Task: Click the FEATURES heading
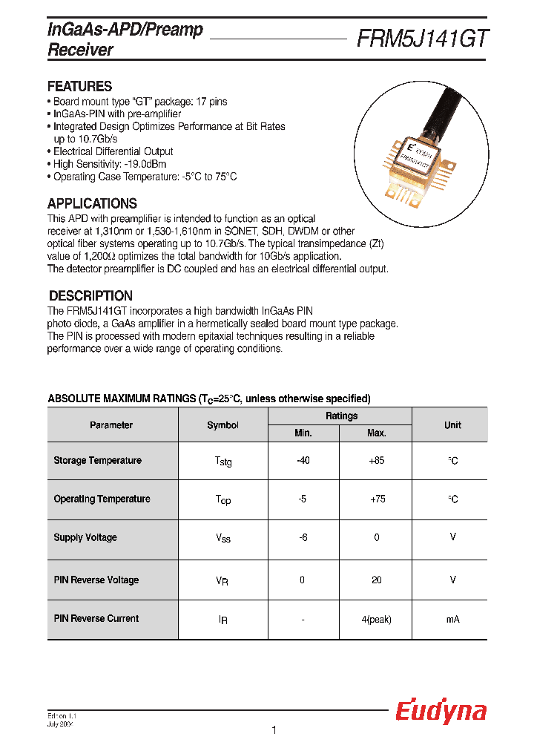(x=79, y=86)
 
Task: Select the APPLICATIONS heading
(x=92, y=203)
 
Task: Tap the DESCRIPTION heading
(x=90, y=295)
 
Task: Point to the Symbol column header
(x=222, y=425)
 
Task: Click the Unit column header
(x=452, y=425)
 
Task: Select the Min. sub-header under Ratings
(x=303, y=433)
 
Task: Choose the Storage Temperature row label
(x=97, y=461)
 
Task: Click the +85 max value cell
(x=376, y=461)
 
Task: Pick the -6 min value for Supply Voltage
(x=303, y=537)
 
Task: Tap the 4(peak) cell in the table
(x=376, y=619)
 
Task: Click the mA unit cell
(x=452, y=619)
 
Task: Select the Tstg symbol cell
(x=222, y=462)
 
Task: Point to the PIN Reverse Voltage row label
(x=96, y=580)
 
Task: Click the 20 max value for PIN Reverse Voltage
(x=376, y=580)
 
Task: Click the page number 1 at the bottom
(x=274, y=731)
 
